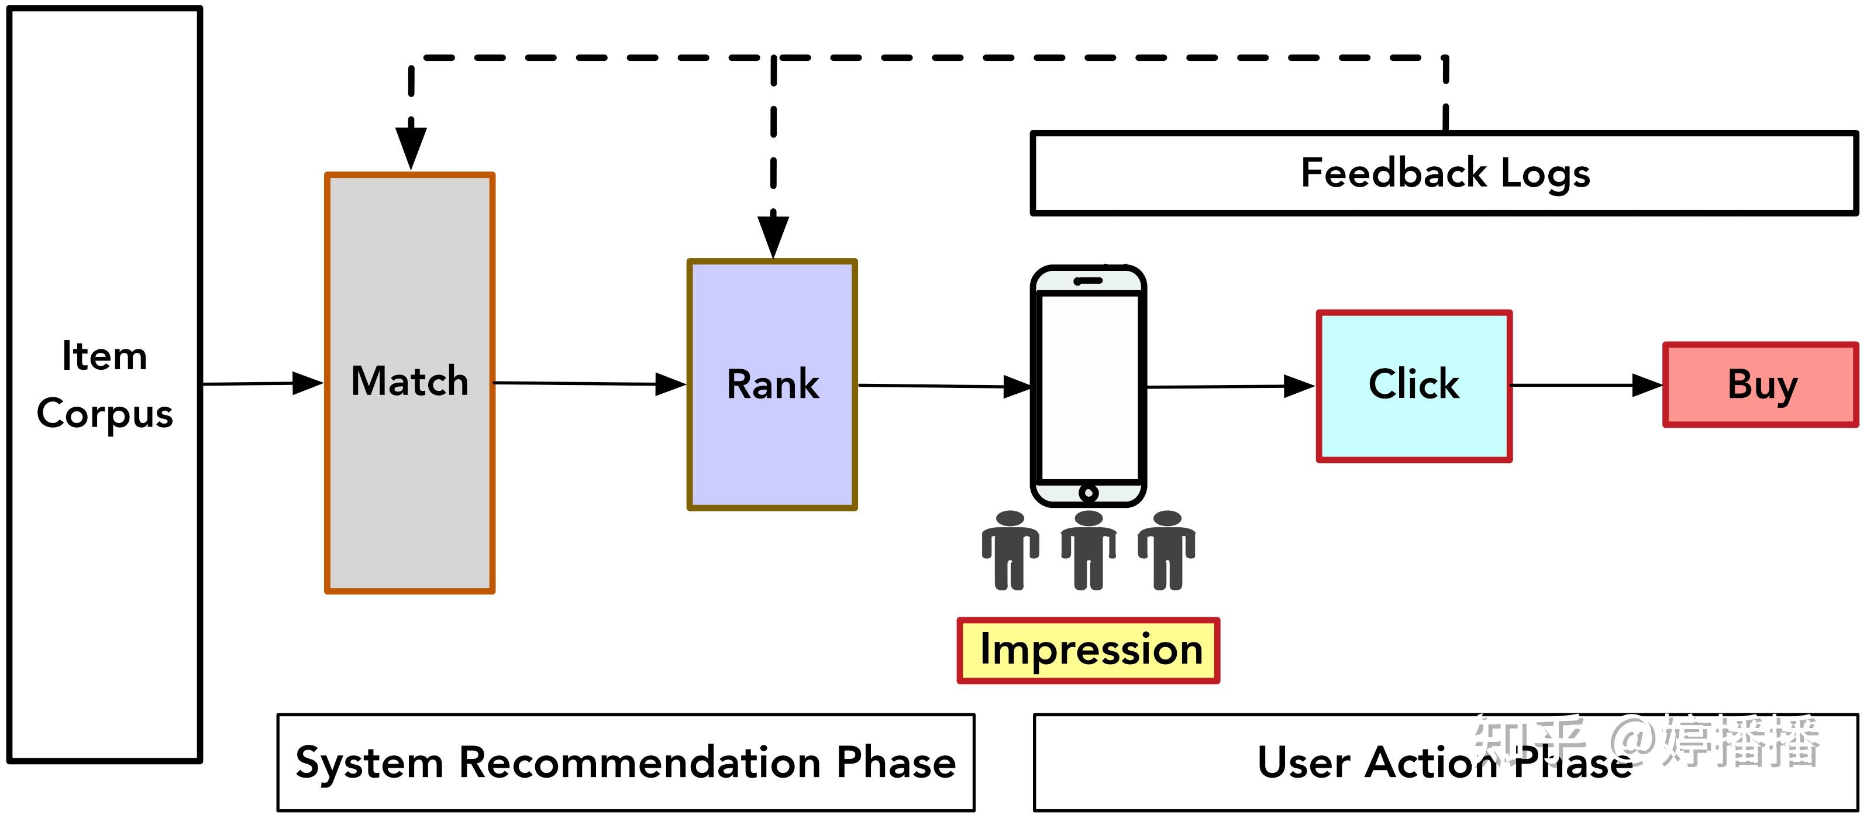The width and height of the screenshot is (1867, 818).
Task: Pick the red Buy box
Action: click(x=1761, y=384)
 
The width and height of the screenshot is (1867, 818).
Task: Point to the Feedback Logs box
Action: click(x=1445, y=173)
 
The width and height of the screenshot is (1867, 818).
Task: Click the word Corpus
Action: click(x=105, y=414)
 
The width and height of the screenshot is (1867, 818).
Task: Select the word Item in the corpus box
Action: click(x=105, y=356)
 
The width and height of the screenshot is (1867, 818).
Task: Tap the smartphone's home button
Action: click(x=1088, y=493)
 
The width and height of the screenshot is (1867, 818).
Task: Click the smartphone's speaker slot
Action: click(x=1088, y=281)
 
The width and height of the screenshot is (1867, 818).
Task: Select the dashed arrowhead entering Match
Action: click(x=411, y=148)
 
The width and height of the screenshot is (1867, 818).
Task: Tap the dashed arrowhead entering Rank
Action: click(x=773, y=235)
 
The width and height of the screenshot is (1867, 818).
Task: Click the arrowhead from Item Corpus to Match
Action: click(x=307, y=384)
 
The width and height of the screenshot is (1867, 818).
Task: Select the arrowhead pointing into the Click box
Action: click(x=1299, y=387)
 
